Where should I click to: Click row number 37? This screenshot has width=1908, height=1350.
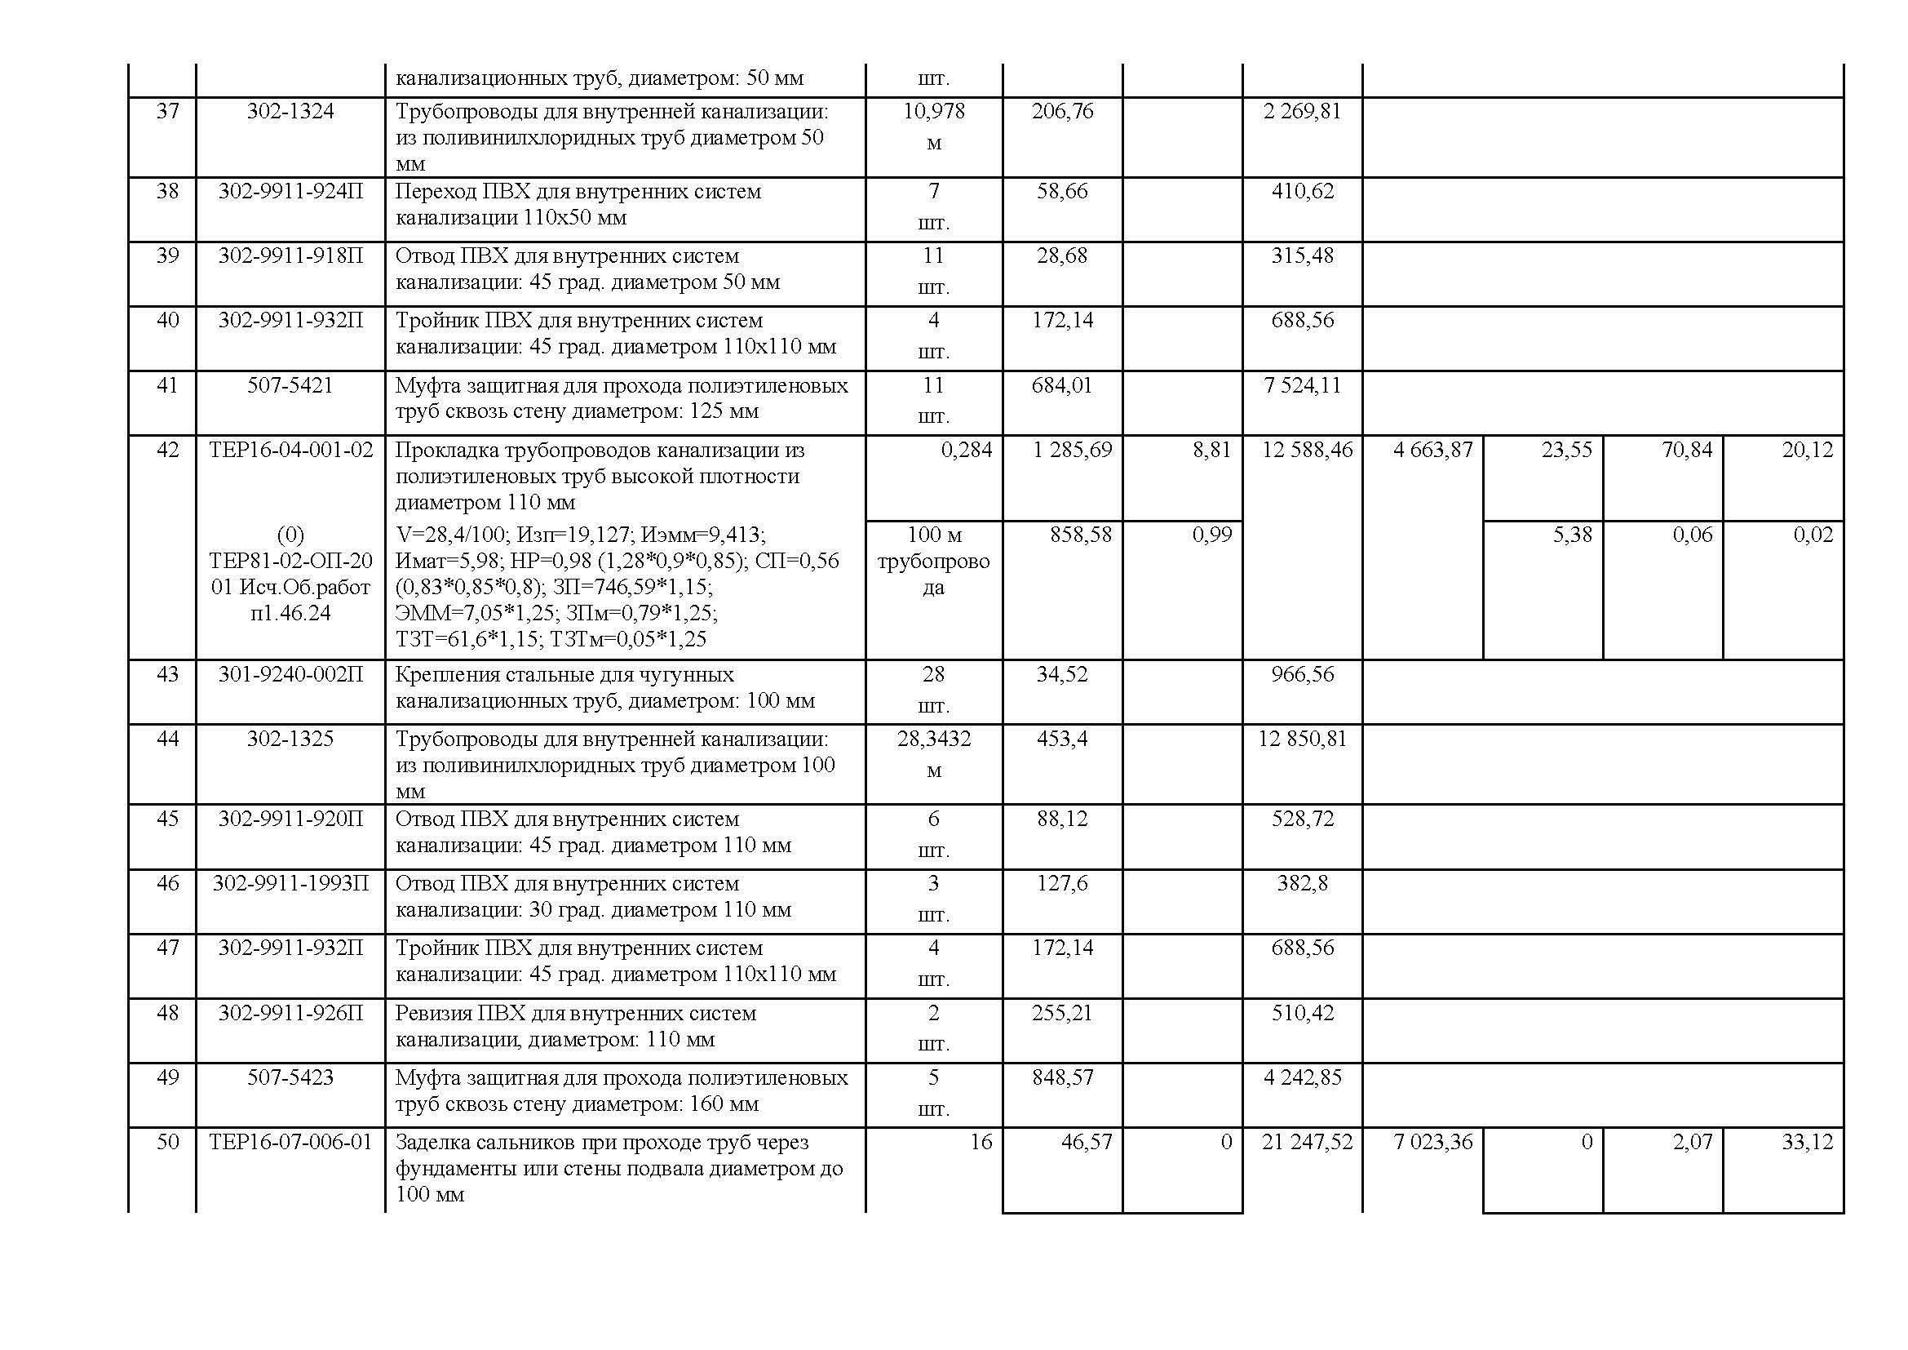[x=167, y=111]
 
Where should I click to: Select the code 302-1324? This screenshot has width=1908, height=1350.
[x=290, y=111]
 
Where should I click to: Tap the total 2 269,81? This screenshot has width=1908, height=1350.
[x=1301, y=111]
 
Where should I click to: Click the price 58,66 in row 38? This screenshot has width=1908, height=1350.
[x=1062, y=191]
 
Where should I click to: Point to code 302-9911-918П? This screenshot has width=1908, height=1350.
[x=290, y=256]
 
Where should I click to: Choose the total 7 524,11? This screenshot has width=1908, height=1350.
[x=1301, y=386]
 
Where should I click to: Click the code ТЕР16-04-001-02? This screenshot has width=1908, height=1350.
[x=291, y=451]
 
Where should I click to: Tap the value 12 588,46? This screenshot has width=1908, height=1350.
[x=1306, y=451]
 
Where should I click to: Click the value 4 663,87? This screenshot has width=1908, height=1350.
[x=1432, y=451]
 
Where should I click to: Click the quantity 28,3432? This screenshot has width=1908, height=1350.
[x=933, y=739]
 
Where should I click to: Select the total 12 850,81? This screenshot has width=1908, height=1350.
[x=1301, y=739]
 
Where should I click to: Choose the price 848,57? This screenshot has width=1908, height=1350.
[x=1062, y=1078]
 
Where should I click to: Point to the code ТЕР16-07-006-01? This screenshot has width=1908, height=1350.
[x=291, y=1143]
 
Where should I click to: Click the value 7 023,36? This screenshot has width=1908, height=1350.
[x=1432, y=1143]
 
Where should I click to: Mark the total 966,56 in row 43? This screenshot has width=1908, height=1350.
[x=1301, y=674]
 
